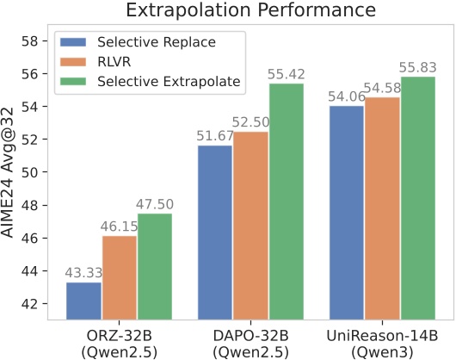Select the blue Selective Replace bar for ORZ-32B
(83, 301)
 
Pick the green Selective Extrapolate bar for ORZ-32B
(155, 266)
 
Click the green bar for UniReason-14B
(417, 198)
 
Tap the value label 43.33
(83, 273)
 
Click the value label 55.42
(286, 74)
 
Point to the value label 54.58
(382, 88)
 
